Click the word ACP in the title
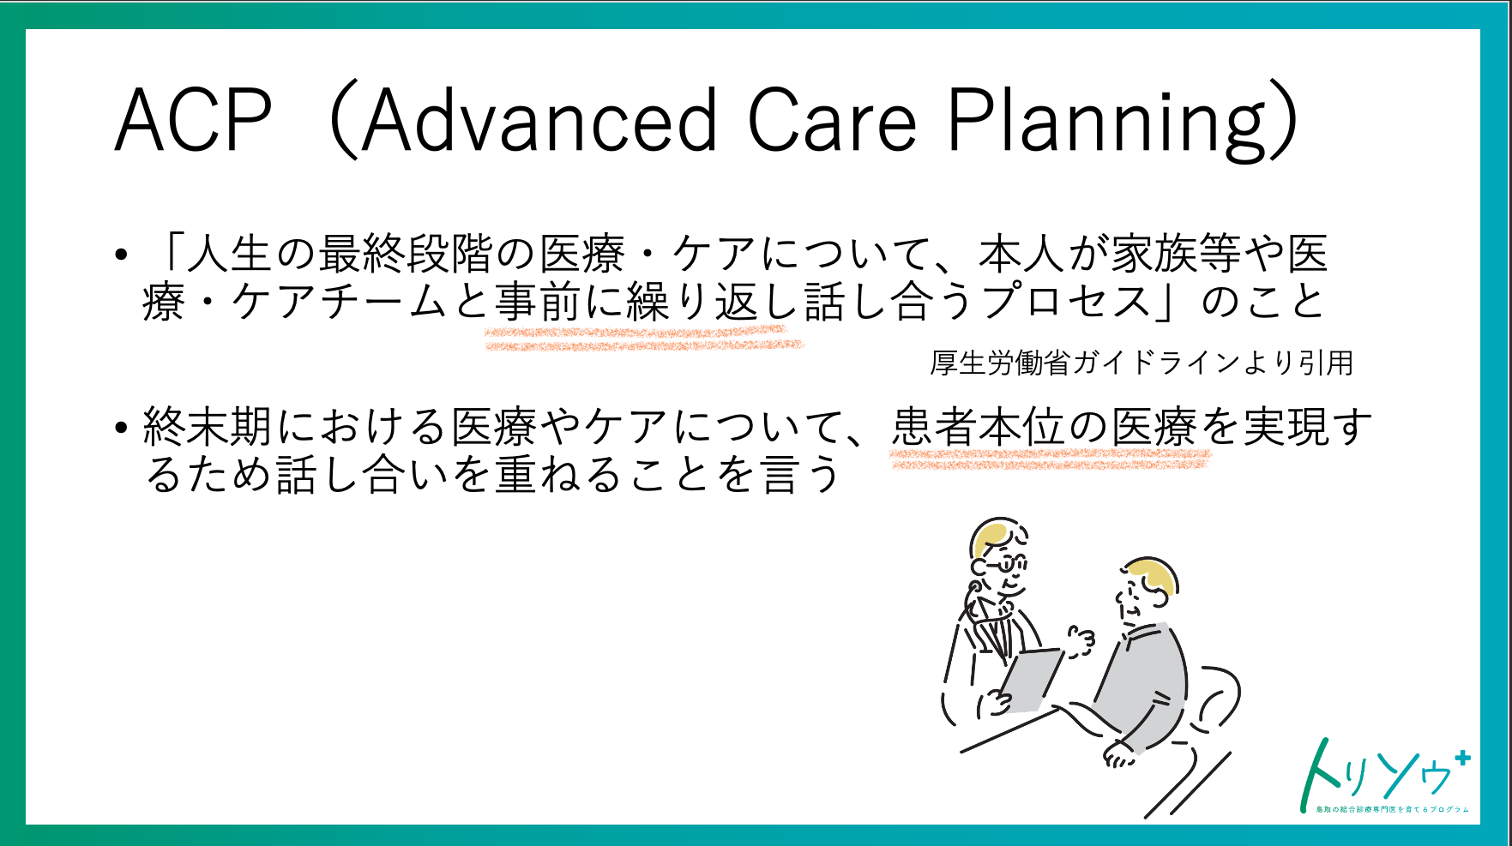coord(194,120)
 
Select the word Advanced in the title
coord(539,120)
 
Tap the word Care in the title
coord(833,120)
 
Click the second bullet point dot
coord(122,427)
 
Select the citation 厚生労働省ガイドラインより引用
coord(1142,363)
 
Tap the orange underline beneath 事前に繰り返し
coord(644,338)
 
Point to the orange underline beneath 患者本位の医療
coord(1051,459)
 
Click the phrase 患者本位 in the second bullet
coord(978,426)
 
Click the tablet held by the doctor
coord(1031,680)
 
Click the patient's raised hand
coord(1081,639)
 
